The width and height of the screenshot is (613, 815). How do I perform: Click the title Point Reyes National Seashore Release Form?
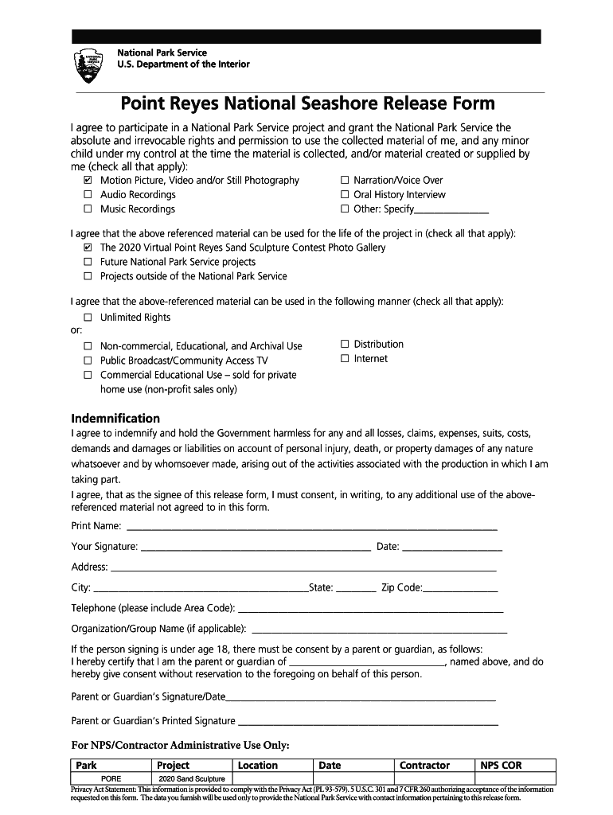pos(307,103)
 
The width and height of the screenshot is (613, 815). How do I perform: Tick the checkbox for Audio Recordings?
pos(88,195)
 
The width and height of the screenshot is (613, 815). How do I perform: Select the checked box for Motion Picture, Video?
pos(88,181)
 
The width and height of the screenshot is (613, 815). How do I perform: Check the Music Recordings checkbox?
pos(88,209)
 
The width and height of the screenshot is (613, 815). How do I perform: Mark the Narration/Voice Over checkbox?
pos(345,181)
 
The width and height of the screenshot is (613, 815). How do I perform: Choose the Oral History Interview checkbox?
pos(345,195)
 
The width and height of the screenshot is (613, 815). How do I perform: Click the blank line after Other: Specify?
pos(451,211)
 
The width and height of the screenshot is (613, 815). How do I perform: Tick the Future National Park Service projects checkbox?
pos(88,262)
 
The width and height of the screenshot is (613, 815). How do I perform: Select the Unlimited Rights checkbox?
pos(88,318)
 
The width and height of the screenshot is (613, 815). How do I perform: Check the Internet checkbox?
pos(345,359)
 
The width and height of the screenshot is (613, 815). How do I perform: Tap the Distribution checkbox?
pos(345,345)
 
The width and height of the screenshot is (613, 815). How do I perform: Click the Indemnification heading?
pos(115,419)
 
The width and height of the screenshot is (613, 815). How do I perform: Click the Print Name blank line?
pos(312,528)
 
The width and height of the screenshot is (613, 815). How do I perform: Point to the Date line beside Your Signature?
pos(452,548)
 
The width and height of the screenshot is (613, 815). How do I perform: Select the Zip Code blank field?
pos(461,590)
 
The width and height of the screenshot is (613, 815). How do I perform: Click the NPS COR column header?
pos(501,766)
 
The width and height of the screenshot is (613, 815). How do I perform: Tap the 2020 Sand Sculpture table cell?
pos(192,778)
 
